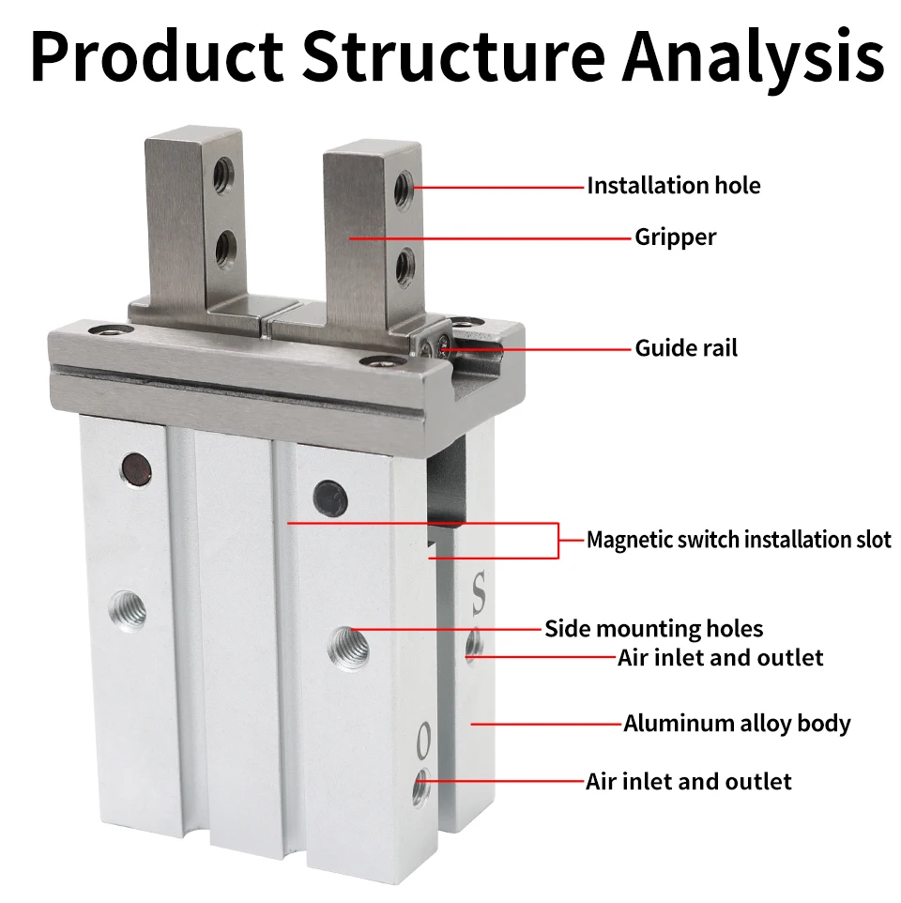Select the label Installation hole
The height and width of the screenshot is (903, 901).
[673, 186]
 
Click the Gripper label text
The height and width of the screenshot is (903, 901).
[675, 237]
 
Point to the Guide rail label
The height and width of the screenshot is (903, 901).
[686, 348]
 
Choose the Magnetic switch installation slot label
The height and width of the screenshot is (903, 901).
[739, 540]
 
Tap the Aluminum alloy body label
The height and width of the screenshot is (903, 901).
[737, 724]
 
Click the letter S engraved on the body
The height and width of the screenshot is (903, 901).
[479, 593]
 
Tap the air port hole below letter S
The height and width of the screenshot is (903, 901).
[475, 645]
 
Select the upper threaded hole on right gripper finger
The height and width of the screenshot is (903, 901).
[403, 189]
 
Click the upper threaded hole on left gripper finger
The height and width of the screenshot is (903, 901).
[223, 175]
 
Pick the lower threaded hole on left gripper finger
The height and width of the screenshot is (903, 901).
[226, 248]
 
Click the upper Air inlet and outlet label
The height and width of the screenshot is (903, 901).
[720, 657]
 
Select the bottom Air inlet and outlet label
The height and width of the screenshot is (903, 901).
[688, 781]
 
